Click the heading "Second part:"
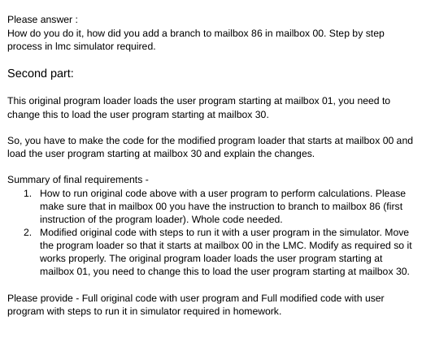[41, 74]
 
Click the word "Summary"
[30, 180]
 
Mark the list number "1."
[28, 193]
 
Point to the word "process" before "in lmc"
[24, 46]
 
